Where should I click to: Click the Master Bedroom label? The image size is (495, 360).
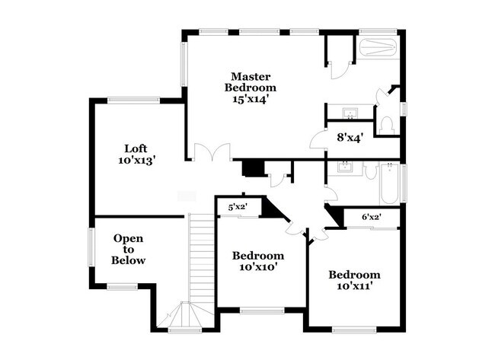(251, 88)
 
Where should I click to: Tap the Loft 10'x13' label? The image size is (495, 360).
(136, 155)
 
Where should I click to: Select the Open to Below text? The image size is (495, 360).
(129, 249)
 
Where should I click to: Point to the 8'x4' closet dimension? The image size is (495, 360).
(350, 138)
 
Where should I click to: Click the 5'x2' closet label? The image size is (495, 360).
(238, 207)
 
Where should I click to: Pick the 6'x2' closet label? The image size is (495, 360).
(372, 217)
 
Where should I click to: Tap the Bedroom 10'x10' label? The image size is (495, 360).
(258, 261)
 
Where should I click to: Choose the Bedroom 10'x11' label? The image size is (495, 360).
(355, 280)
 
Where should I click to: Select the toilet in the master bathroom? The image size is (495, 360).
(386, 125)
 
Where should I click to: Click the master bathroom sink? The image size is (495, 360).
(350, 113)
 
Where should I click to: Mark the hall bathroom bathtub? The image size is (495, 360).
(390, 183)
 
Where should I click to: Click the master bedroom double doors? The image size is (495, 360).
(212, 151)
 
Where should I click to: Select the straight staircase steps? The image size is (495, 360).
(201, 258)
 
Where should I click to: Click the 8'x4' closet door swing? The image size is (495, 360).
(318, 139)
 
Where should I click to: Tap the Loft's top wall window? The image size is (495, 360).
(133, 100)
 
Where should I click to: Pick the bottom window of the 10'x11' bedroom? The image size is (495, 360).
(355, 330)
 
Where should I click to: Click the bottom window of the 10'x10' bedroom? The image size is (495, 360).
(262, 311)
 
